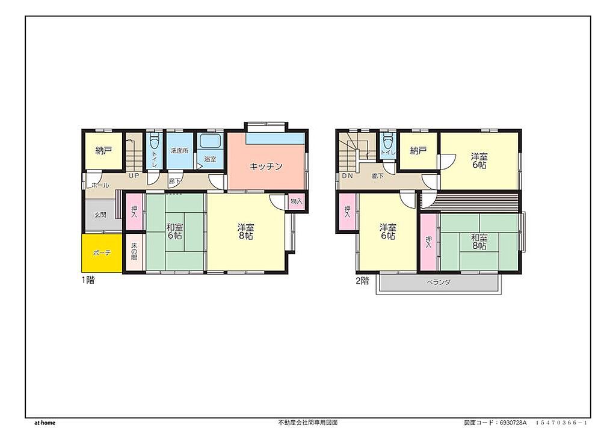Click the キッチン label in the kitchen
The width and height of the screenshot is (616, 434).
pyautogui.click(x=266, y=166)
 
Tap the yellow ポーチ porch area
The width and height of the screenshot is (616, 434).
pyautogui.click(x=102, y=253)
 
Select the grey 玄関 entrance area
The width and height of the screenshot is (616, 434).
pyautogui.click(x=100, y=215)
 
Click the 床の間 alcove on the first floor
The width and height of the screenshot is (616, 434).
pyautogui.click(x=134, y=252)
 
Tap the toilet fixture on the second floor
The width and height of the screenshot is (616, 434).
pyautogui.click(x=388, y=140)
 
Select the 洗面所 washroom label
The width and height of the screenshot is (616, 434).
pyautogui.click(x=179, y=151)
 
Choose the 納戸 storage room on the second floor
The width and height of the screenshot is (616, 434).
pyautogui.click(x=418, y=150)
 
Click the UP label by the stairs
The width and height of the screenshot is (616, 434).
pyautogui.click(x=134, y=176)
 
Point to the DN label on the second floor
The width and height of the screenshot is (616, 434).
pyautogui.click(x=347, y=176)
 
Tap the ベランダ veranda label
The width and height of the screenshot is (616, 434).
pyautogui.click(x=439, y=282)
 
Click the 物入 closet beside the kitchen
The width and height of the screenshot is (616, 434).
pyautogui.click(x=296, y=201)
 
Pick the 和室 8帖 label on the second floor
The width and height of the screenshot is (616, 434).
pyautogui.click(x=479, y=242)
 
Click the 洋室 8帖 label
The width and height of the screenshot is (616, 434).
pyautogui.click(x=245, y=231)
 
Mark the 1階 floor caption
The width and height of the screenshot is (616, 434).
pyautogui.click(x=88, y=280)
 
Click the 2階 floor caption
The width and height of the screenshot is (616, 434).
pyautogui.click(x=362, y=281)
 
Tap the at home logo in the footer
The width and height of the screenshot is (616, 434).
pyautogui.click(x=45, y=423)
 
